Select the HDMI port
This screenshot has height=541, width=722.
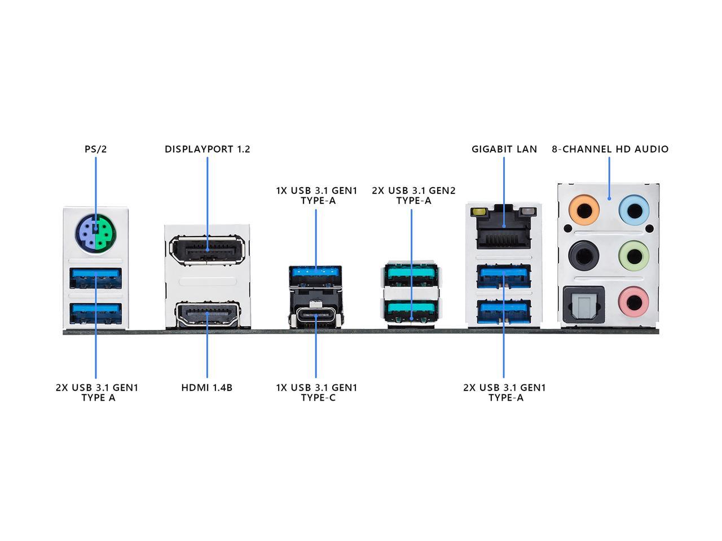click(x=208, y=314)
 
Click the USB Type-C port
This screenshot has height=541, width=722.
click(x=315, y=317)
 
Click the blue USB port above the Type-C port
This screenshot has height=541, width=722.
click(x=315, y=274)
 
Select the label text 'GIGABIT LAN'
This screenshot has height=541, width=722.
click(x=504, y=149)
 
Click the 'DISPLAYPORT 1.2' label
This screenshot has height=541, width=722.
click(x=208, y=149)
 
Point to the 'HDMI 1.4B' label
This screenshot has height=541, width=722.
click(x=207, y=388)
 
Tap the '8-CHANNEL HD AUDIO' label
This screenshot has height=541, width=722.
click(x=610, y=149)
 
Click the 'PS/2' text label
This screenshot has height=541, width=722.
click(x=95, y=149)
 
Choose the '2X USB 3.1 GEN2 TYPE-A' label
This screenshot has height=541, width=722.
click(x=413, y=196)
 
